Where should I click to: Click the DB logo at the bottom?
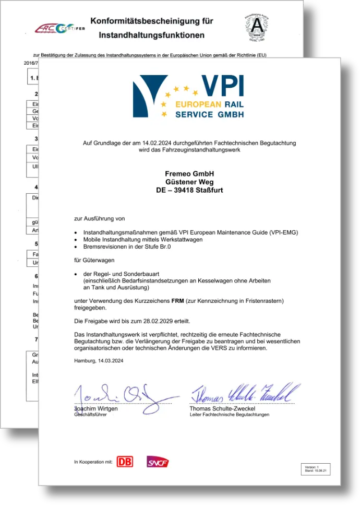point(125,462)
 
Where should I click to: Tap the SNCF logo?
point(157,462)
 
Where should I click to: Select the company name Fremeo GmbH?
point(189,173)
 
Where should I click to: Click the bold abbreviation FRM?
point(177,301)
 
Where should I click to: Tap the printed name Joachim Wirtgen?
point(96,408)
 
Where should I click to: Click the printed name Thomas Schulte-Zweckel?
point(223,408)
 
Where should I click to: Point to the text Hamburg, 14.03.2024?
point(99,360)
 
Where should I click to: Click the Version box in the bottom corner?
point(316,468)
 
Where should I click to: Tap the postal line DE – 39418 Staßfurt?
point(189,190)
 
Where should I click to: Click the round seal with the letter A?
point(257,26)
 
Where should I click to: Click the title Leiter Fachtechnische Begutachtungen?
point(229,415)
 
